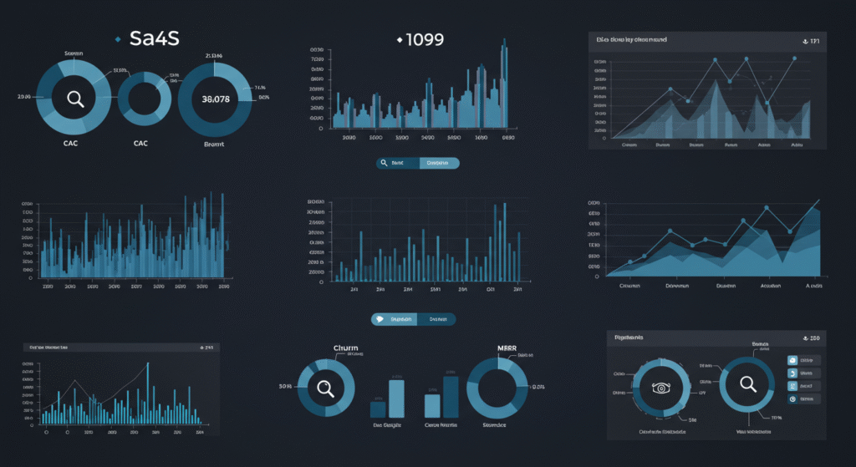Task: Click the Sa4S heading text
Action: (x=155, y=38)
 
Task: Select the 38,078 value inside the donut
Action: (x=216, y=99)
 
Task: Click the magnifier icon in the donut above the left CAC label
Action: (x=75, y=99)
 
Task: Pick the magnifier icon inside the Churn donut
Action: (x=325, y=388)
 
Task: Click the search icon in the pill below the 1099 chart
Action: (x=384, y=164)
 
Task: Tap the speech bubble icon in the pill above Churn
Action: (x=380, y=319)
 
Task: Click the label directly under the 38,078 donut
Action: (x=215, y=144)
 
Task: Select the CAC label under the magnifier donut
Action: (x=71, y=143)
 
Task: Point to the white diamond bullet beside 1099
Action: (x=400, y=39)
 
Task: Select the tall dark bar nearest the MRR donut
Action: (x=451, y=395)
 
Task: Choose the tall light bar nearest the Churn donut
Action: (x=396, y=398)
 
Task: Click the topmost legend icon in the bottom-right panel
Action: (x=792, y=360)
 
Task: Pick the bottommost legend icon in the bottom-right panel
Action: (x=792, y=399)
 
